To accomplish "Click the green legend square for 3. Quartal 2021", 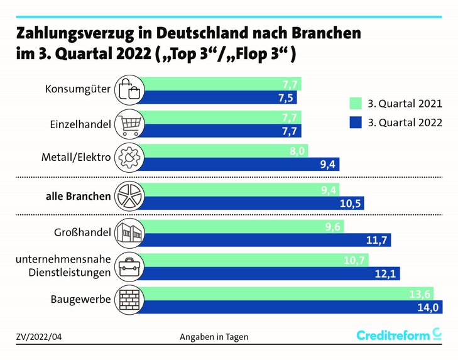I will click(x=355, y=103).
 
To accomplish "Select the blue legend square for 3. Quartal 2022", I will click(x=355, y=123).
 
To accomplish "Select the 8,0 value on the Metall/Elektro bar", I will click(x=298, y=151).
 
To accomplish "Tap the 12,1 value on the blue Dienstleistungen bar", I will click(x=388, y=274).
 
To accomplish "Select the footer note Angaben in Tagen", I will click(x=214, y=337).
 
